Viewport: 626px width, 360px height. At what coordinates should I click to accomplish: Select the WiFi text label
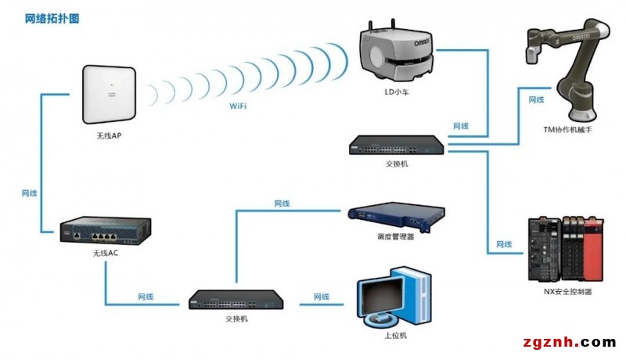coord(238,106)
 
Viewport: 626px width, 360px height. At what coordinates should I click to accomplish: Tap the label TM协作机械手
coord(567,130)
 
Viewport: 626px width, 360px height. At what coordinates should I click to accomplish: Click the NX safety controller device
coord(566,249)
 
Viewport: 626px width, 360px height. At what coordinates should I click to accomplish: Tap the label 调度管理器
coord(395,236)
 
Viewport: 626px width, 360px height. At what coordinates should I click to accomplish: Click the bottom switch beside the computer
coord(236,300)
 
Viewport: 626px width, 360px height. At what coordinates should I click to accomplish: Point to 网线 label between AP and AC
coord(29,193)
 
